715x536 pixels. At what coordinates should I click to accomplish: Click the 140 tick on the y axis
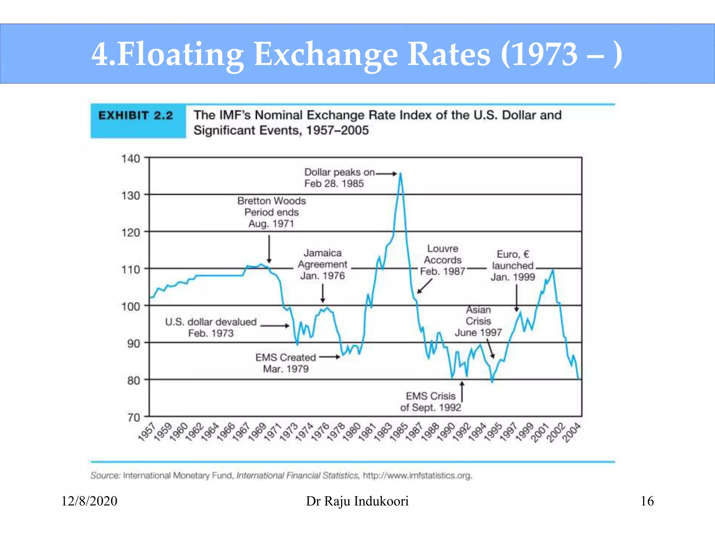pos(131,159)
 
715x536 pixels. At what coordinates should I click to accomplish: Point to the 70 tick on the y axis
pos(133,417)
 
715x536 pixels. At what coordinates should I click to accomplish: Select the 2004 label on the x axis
pos(572,433)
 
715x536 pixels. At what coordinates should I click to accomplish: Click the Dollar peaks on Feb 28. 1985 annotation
pos(334,178)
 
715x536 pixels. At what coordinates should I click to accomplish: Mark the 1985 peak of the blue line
pos(400,173)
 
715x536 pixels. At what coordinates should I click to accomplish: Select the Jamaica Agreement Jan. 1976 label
pos(322,264)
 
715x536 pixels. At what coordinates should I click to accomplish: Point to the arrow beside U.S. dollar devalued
pos(275,326)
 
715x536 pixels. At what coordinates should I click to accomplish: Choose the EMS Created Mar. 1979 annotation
pos(286,363)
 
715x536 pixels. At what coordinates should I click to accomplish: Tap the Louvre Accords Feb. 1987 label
pos(443,260)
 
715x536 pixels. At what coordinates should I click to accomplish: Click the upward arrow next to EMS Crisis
pos(462,392)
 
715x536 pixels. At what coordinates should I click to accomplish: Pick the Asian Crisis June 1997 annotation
pos(478,321)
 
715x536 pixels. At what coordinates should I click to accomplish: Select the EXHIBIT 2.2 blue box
pos(138,121)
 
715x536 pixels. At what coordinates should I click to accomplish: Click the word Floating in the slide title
pos(180,54)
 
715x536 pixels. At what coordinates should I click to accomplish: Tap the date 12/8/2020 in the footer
pos(89,501)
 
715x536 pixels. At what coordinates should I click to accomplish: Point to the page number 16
pos(647,501)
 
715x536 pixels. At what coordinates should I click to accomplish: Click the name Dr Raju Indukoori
pos(357,501)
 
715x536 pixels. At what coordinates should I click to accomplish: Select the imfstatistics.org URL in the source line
pos(418,476)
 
